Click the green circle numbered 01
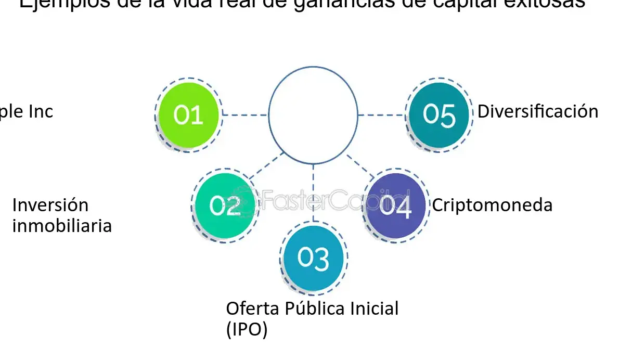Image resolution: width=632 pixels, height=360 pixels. [x=188, y=115]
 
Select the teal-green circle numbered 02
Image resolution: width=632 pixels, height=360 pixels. [x=225, y=205]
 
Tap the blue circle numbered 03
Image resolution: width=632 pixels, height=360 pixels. [x=314, y=259]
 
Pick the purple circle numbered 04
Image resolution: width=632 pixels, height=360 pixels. [x=395, y=205]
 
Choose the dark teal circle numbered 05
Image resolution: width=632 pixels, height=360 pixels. [x=439, y=115]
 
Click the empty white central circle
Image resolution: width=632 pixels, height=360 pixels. [x=313, y=115]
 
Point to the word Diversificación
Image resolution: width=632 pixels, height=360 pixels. [x=537, y=111]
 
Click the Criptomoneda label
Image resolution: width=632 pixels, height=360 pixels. [x=492, y=205]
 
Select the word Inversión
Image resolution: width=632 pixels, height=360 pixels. [x=50, y=205]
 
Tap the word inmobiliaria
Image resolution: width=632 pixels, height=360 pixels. [x=61, y=226]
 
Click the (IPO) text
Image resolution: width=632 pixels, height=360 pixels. [x=247, y=330]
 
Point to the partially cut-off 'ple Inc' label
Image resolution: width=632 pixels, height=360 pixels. [x=26, y=111]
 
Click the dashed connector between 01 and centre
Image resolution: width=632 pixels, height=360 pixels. [x=244, y=115]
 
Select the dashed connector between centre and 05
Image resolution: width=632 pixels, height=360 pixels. [x=382, y=115]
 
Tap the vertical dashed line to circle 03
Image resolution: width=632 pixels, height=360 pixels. [x=313, y=192]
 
